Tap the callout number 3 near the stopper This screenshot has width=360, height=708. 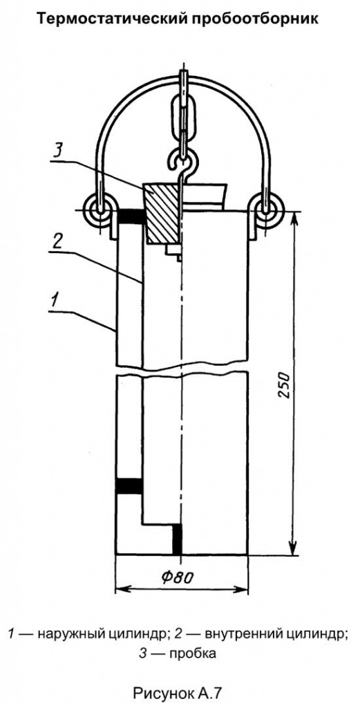pos(56,149)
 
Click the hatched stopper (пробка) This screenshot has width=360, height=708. pos(161,212)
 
